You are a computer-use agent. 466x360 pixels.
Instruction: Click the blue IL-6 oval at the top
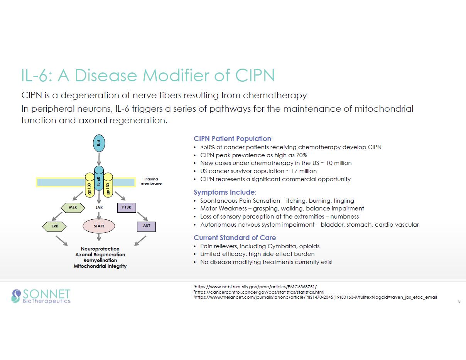(x=99, y=143)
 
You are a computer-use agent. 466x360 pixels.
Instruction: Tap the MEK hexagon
(x=73, y=207)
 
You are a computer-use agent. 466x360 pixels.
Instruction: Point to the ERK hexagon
(x=55, y=226)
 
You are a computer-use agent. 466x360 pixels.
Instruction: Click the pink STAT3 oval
(x=99, y=226)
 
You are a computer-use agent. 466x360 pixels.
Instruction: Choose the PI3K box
(x=126, y=207)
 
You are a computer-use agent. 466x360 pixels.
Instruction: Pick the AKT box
(x=146, y=226)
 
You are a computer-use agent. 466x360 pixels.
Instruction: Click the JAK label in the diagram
(x=99, y=207)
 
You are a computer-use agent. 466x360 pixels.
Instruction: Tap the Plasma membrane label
(x=151, y=181)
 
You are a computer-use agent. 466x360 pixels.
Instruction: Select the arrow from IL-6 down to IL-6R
(x=99, y=158)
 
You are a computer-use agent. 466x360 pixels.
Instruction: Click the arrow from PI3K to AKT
(x=143, y=216)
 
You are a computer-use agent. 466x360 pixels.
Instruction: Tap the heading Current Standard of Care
(x=235, y=237)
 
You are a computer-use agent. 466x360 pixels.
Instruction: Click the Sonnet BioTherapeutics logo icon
(x=16, y=296)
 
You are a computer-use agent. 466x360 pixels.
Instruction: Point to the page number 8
(x=459, y=301)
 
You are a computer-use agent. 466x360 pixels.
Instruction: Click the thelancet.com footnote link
(x=315, y=297)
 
